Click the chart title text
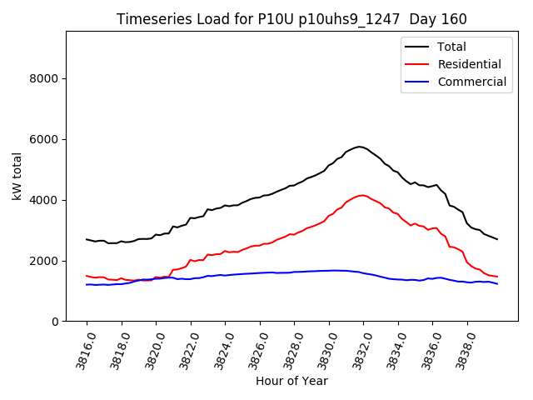291,19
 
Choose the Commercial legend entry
471,82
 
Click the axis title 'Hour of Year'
291,381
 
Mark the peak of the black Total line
360,147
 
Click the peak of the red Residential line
361,195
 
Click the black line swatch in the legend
417,47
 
